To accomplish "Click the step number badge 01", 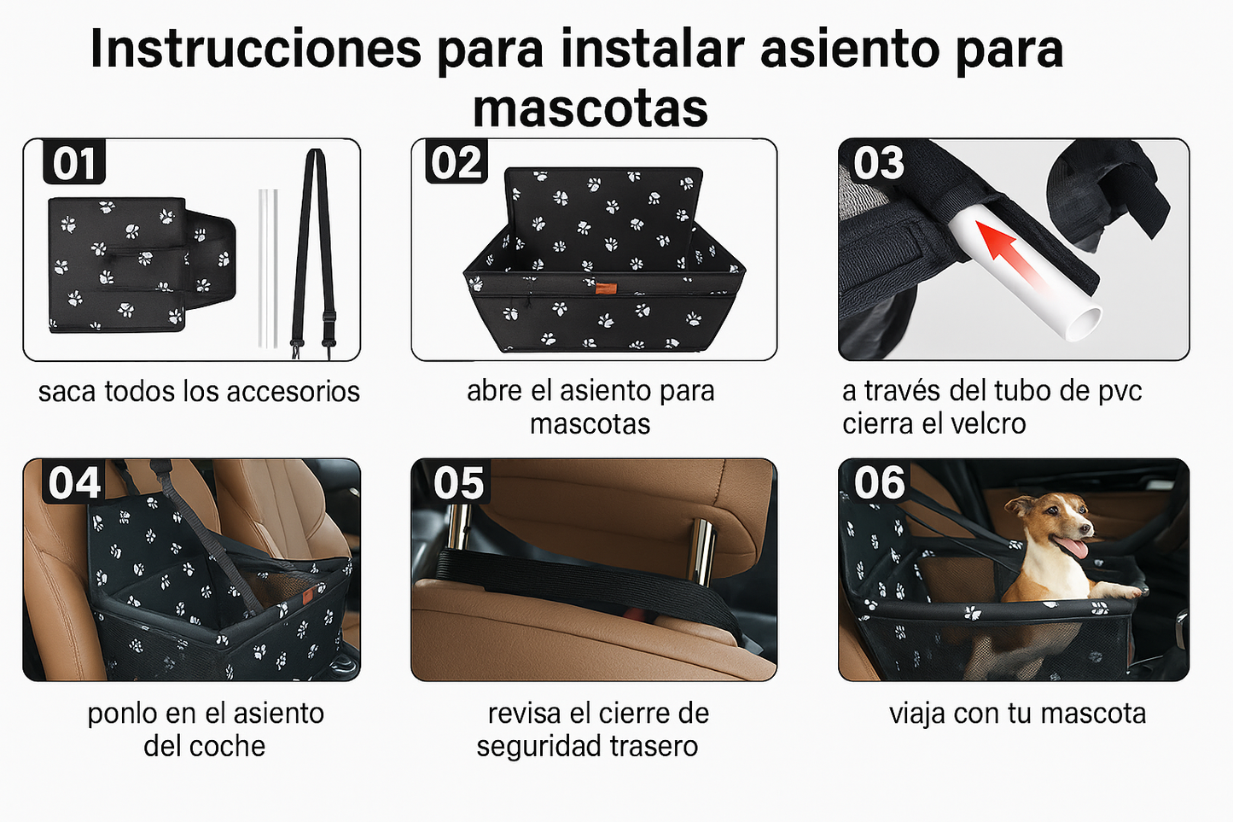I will [74, 163].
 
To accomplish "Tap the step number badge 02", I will [457, 162].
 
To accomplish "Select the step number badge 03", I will [879, 162].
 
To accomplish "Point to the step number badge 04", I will [74, 483].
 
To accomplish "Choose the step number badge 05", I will [458, 483].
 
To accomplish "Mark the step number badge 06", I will [879, 483].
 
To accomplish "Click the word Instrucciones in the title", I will [256, 49].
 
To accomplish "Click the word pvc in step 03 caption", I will [1120, 391].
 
